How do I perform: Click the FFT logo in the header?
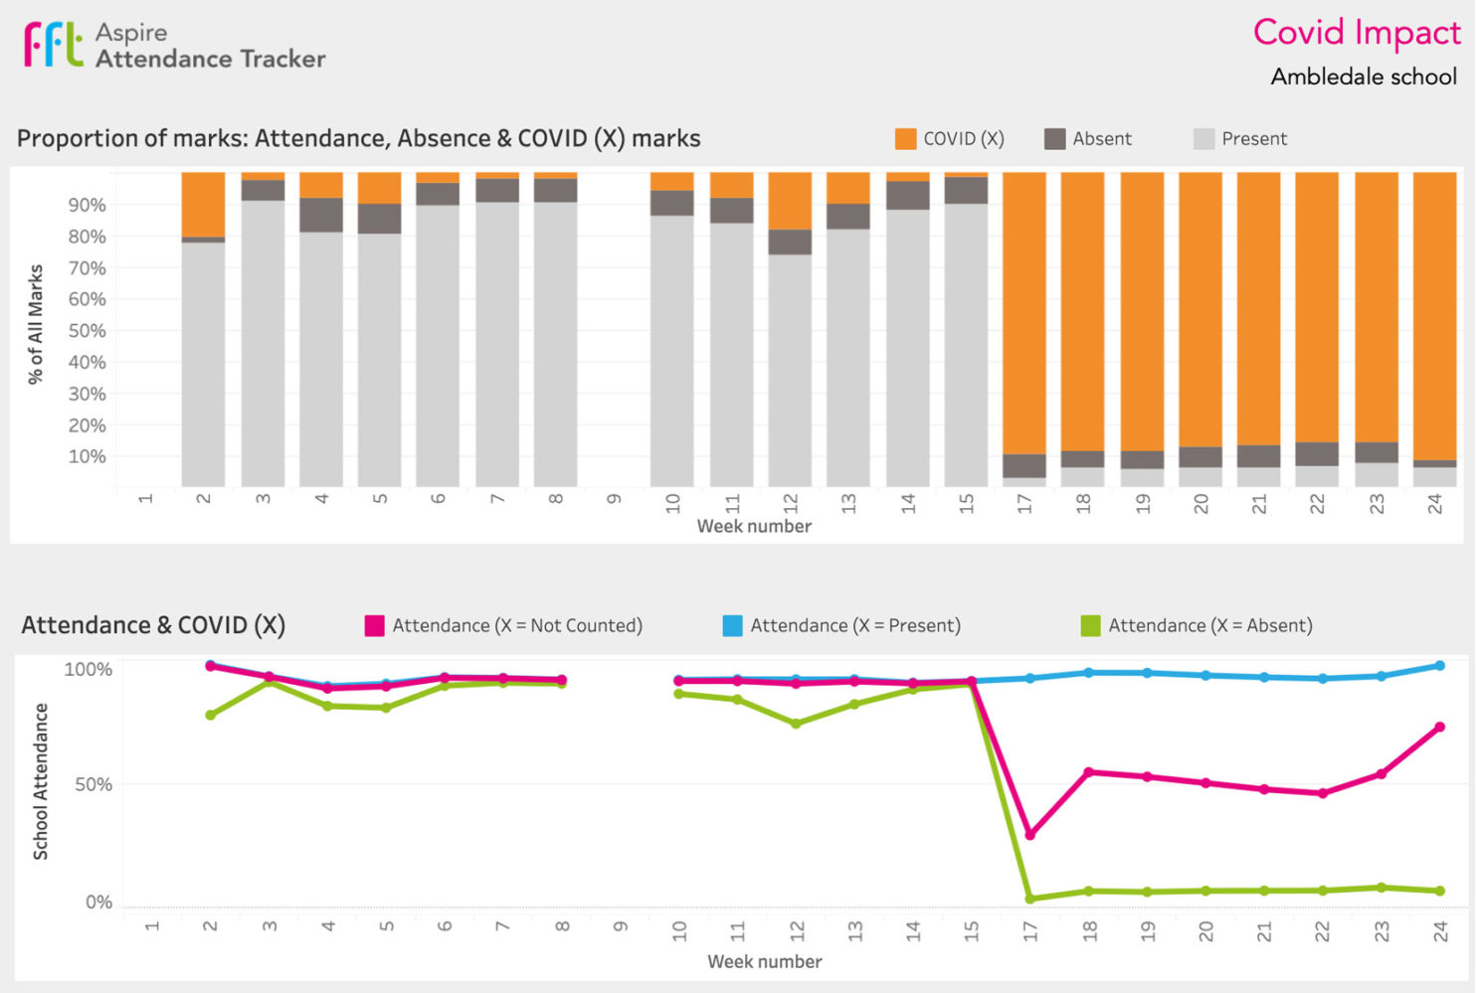point(54,45)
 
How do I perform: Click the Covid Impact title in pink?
point(1356,33)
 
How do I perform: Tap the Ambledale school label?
point(1363,77)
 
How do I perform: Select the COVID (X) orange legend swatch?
point(905,139)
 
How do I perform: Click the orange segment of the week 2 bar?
point(203,204)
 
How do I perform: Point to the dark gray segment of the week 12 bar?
point(790,242)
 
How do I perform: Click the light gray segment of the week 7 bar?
point(497,343)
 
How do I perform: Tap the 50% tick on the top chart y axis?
point(87,331)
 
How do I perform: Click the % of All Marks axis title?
point(36,324)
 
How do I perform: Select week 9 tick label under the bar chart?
point(614,499)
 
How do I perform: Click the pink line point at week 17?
point(1030,835)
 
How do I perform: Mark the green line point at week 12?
point(796,724)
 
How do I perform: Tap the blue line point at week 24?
point(1439,666)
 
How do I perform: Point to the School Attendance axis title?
point(41,781)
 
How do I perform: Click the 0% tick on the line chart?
point(98,903)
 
